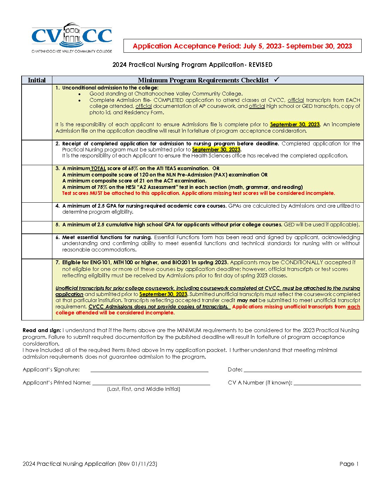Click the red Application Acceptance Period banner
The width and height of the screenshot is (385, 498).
coord(242,46)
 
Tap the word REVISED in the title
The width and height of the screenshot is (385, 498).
coord(260,65)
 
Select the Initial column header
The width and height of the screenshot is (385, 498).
coord(37,80)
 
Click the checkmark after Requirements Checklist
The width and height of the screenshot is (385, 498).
coord(277,80)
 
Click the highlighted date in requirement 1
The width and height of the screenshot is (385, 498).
coord(295,124)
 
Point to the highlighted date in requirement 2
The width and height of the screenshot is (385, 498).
coord(216,150)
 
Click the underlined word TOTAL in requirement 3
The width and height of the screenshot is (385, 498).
coord(98,169)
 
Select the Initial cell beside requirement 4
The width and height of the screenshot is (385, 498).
coord(37,212)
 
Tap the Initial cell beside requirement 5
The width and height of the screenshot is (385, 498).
coord(37,227)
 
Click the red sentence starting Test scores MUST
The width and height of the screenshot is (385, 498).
coord(198,193)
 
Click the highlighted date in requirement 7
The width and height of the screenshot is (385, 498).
coord(163,294)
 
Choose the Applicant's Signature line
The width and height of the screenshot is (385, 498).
coord(149,370)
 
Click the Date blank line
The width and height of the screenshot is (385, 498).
coord(303,370)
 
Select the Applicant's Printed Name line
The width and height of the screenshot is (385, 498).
coord(151,383)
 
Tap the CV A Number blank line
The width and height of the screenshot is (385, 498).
coord(327,383)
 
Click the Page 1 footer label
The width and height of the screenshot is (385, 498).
coord(349,464)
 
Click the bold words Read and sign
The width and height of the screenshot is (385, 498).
coord(42,330)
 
